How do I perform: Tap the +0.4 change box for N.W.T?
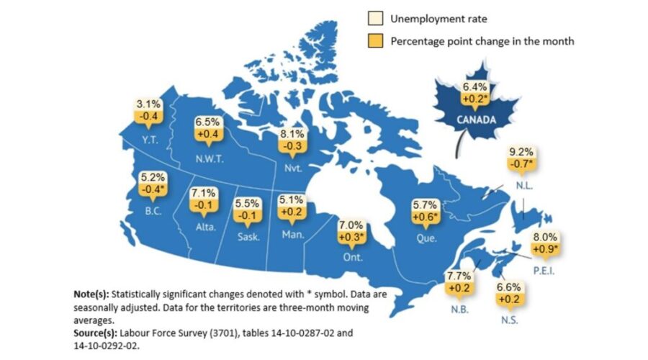point(210,135)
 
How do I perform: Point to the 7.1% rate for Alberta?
point(203,194)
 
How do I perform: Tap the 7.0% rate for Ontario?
point(351,225)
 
